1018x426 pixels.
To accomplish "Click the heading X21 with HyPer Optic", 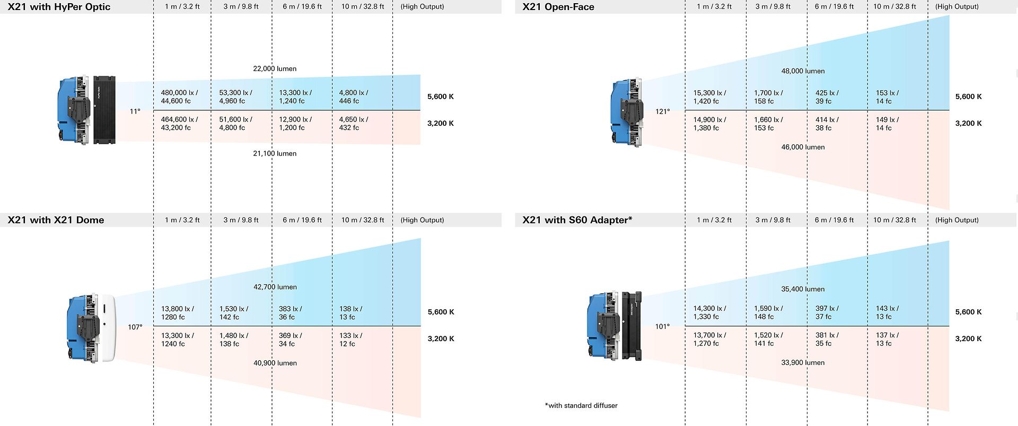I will (59, 7).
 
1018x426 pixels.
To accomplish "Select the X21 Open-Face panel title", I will (558, 7).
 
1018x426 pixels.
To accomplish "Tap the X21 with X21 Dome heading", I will (56, 220).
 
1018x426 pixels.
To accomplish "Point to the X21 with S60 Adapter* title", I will (577, 220).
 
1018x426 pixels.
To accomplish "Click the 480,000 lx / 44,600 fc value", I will (179, 97).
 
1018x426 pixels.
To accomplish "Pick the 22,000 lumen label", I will (275, 68).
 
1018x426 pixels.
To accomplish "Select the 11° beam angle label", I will (135, 111).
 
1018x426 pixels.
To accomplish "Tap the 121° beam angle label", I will (662, 111).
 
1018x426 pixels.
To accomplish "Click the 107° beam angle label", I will (135, 327).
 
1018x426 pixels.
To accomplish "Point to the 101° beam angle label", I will (662, 326).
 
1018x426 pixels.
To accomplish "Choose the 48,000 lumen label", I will (803, 71).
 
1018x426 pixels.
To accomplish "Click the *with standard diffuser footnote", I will (581, 405).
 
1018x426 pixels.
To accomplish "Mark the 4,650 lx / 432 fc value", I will (353, 124).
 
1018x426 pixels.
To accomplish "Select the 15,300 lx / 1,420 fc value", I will (709, 97).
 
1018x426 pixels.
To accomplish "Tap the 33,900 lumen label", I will (803, 363).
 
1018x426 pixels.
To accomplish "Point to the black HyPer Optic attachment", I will (104, 110).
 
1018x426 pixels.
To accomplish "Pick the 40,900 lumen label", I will (275, 363).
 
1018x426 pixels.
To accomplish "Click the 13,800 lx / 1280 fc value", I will (177, 313).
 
